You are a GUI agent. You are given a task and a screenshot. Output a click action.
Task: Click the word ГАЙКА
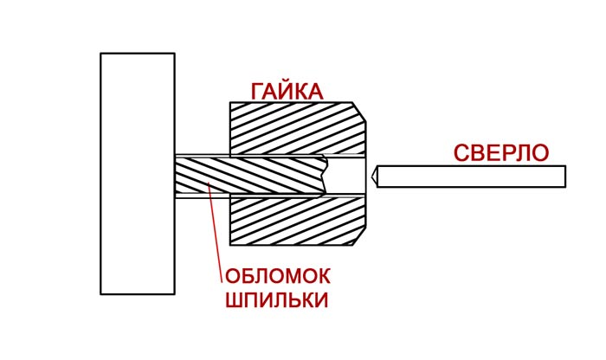click(287, 91)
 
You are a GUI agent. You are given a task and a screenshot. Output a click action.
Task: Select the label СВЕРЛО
click(501, 153)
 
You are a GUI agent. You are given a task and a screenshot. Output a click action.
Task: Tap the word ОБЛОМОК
click(278, 279)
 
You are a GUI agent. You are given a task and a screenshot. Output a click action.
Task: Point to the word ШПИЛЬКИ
click(277, 300)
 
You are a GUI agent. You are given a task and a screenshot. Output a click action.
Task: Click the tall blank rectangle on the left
click(137, 173)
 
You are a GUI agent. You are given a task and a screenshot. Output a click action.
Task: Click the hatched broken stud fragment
click(247, 176)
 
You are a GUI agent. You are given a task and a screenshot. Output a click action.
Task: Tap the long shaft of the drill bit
click(472, 177)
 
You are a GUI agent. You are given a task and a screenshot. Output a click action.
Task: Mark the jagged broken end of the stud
click(324, 176)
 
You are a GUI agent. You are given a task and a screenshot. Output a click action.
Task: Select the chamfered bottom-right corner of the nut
click(360, 237)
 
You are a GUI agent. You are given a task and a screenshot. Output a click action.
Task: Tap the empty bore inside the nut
click(346, 176)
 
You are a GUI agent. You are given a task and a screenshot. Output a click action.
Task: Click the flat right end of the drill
click(564, 177)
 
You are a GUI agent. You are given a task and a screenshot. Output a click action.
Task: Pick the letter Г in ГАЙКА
click(258, 91)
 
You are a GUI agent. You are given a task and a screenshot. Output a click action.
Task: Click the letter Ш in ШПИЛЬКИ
click(234, 300)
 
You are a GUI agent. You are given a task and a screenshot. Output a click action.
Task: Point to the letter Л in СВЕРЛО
click(520, 153)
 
